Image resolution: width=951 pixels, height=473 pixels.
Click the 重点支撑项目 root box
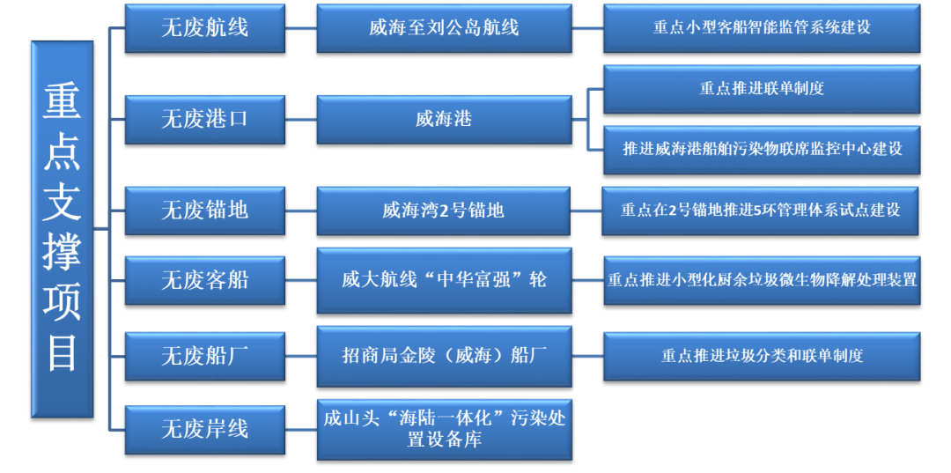pos(62,229)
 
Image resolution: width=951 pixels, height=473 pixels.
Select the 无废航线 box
pos(204,28)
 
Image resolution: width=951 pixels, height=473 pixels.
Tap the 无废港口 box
pos(204,119)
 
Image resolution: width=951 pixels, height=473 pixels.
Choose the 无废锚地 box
pos(204,211)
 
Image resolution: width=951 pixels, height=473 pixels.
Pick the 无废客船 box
pos(204,280)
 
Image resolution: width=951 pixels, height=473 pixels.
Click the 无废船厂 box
pos(204,356)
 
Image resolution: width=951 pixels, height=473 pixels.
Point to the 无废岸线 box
pos(204,430)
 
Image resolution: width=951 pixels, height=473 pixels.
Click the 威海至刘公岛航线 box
pos(444,28)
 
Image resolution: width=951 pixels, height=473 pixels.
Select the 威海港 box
pos(444,119)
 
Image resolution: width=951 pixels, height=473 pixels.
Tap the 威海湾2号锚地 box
pos(444,211)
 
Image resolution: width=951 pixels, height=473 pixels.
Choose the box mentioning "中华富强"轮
pos(444,280)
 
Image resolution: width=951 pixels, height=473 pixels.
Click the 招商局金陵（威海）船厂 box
pos(444,356)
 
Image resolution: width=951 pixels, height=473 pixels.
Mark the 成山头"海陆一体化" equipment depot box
pos(444,428)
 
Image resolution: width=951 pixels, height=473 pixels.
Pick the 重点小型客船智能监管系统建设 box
pos(761,28)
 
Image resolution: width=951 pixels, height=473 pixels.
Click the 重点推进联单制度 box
pos(761,89)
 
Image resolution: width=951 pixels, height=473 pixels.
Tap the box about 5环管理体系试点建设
pos(761,211)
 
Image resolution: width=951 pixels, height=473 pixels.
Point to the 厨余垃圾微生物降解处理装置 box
pos(761,280)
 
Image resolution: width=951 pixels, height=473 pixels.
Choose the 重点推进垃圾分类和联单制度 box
pos(761,356)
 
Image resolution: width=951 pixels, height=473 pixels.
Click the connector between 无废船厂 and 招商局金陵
pos(300,356)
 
